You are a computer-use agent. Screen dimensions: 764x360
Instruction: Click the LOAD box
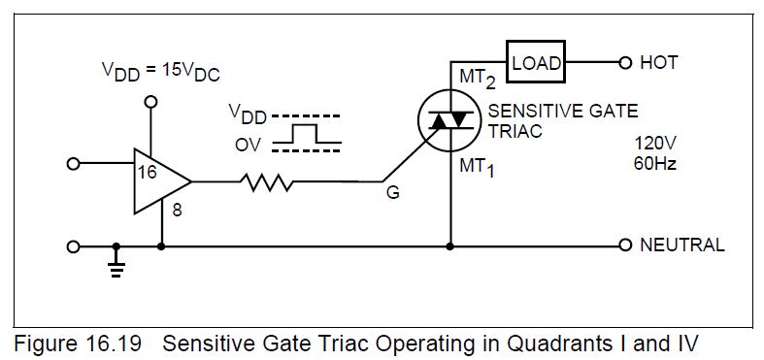(x=536, y=62)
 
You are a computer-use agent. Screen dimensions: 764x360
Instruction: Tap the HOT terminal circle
(x=625, y=62)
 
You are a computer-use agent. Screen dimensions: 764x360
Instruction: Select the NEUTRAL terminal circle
(x=625, y=245)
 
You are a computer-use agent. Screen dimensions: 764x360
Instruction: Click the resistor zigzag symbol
(x=266, y=182)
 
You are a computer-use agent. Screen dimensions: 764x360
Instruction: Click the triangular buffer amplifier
(x=163, y=181)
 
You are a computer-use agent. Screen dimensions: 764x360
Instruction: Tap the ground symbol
(x=116, y=263)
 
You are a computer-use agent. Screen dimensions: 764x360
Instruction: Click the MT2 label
(x=477, y=79)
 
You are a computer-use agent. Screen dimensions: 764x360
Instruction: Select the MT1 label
(x=477, y=169)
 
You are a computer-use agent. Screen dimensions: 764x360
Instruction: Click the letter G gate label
(x=393, y=193)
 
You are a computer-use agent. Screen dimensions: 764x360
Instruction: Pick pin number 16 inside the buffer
(x=148, y=172)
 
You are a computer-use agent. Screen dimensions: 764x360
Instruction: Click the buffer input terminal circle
(x=73, y=164)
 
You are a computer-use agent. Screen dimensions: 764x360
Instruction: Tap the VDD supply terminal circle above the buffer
(x=151, y=101)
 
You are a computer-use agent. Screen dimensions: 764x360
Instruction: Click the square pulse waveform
(x=307, y=134)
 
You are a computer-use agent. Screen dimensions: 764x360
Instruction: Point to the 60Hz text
(x=655, y=164)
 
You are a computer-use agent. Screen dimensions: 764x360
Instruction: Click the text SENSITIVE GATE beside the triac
(x=563, y=112)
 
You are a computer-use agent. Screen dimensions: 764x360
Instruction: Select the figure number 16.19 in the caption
(x=111, y=344)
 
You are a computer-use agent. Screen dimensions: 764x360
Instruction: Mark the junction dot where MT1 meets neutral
(x=450, y=246)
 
